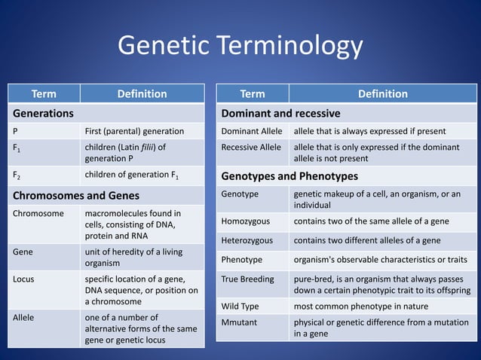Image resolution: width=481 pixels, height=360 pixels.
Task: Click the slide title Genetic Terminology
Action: click(x=240, y=47)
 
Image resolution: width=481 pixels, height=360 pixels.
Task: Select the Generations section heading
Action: click(x=42, y=113)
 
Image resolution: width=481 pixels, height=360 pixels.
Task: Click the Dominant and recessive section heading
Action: click(x=280, y=113)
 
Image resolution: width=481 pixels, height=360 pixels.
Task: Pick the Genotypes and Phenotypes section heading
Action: click(x=289, y=176)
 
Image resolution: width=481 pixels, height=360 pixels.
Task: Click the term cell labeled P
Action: click(x=16, y=131)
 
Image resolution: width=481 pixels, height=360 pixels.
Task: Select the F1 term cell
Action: click(x=17, y=148)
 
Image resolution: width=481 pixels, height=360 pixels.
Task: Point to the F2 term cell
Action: click(x=17, y=176)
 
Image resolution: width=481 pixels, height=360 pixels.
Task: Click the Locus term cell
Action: click(x=23, y=279)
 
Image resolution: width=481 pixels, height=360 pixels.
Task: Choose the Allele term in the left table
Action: click(x=24, y=317)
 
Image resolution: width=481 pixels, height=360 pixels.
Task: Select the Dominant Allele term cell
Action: click(x=251, y=131)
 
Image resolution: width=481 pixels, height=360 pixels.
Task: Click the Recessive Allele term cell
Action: click(x=251, y=147)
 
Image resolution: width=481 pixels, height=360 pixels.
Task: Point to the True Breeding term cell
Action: click(x=247, y=279)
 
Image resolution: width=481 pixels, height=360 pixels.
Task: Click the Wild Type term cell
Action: click(x=240, y=307)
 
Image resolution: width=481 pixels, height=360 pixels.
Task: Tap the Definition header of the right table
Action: click(x=382, y=94)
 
